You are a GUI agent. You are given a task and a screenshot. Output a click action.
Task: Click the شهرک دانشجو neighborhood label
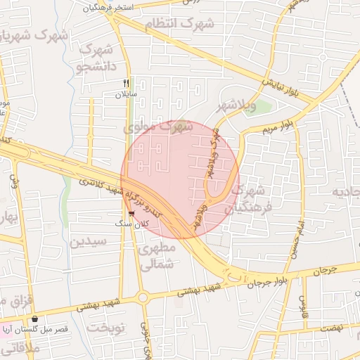click(x=97, y=58)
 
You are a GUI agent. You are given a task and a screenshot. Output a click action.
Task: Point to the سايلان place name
click(x=127, y=94)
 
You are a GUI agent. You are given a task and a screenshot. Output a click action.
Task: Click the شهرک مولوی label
click(x=158, y=127)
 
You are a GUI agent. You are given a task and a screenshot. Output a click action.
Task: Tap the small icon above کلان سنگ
click(x=131, y=214)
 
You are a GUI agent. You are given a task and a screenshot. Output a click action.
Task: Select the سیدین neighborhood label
click(x=88, y=241)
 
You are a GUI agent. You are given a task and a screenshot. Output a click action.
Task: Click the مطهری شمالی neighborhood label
click(x=156, y=257)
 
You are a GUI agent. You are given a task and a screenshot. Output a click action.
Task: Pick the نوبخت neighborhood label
click(x=103, y=329)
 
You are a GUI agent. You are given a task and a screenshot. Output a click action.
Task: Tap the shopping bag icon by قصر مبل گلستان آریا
click(x=34, y=319)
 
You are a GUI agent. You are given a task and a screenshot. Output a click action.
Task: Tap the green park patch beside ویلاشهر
click(x=261, y=107)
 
